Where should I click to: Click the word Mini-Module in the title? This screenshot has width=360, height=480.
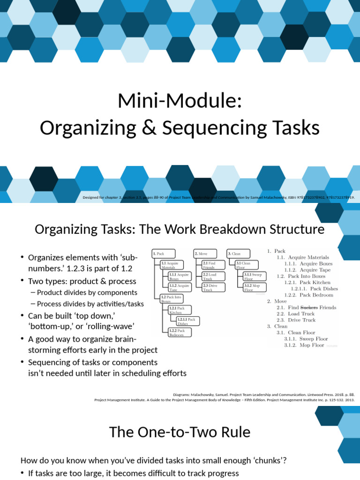[180, 101]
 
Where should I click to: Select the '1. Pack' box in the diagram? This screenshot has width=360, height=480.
[163, 254]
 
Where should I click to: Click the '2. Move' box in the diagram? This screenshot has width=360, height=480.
[205, 254]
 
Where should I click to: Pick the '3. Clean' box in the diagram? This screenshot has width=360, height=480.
[238, 254]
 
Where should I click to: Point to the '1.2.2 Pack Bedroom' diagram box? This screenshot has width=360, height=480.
[178, 332]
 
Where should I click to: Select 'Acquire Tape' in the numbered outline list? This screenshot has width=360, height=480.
[315, 270]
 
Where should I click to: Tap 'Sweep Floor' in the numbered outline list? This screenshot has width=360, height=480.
[314, 338]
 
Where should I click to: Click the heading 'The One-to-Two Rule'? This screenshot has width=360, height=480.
[180, 432]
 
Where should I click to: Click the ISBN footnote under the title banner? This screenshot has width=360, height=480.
[218, 197]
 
